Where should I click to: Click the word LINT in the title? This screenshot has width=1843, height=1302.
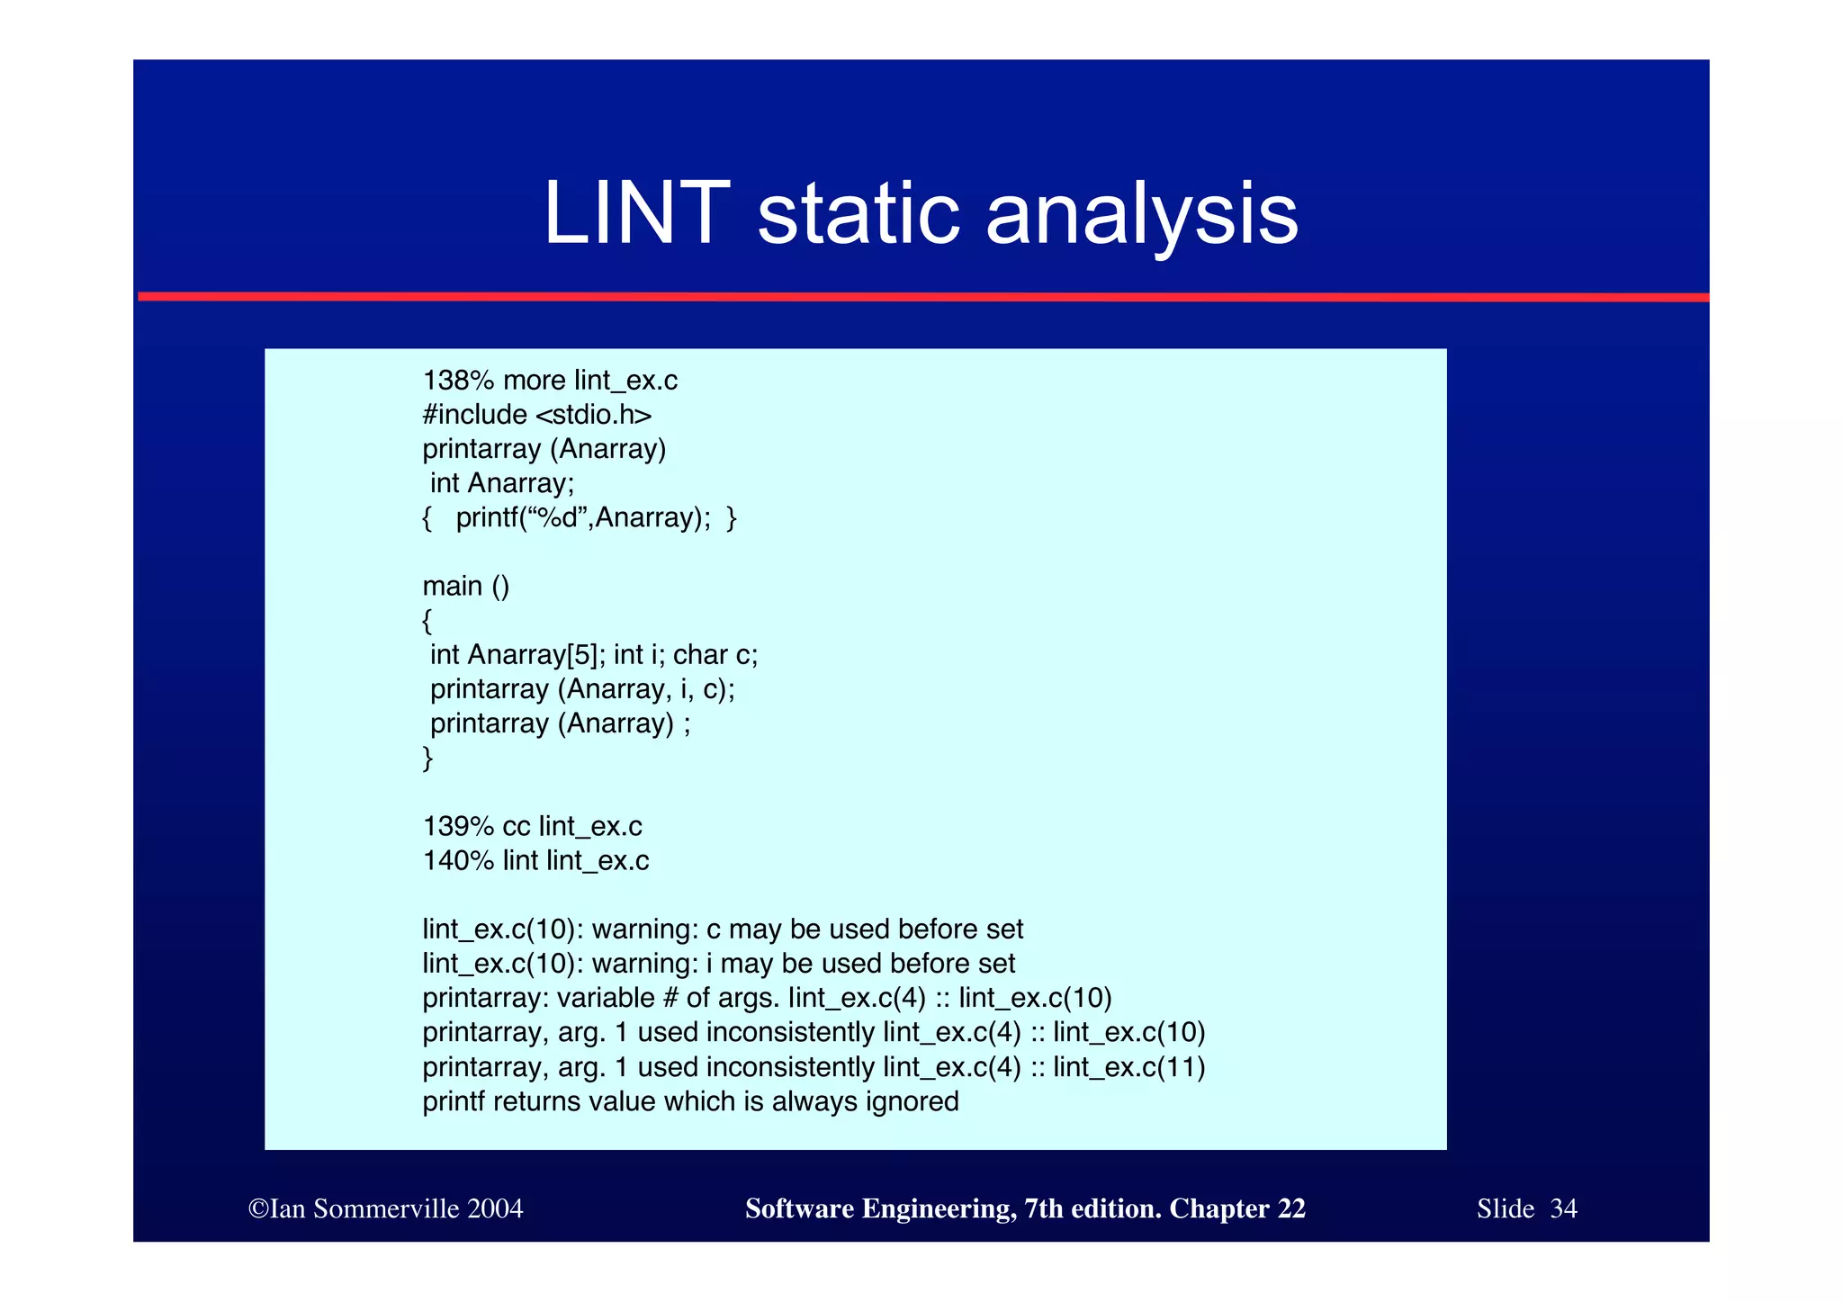636,214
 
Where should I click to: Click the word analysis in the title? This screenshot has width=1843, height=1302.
1142,214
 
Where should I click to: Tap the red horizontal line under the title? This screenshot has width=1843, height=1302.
921,297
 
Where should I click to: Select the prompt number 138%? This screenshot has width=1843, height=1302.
458,381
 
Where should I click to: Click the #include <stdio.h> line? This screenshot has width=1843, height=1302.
537,415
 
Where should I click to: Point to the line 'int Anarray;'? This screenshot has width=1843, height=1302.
501,484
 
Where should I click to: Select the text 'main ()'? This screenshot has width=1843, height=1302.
466,587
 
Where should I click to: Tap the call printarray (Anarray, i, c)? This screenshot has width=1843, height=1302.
582,689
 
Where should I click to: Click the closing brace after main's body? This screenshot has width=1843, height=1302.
427,758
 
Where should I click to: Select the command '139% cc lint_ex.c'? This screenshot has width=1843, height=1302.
532,827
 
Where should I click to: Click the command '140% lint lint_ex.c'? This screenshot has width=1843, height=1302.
535,861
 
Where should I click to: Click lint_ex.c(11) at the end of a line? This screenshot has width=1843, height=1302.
1128,1067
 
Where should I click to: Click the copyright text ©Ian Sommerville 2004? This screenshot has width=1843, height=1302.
385,1208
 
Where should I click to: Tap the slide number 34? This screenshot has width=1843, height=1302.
1563,1208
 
